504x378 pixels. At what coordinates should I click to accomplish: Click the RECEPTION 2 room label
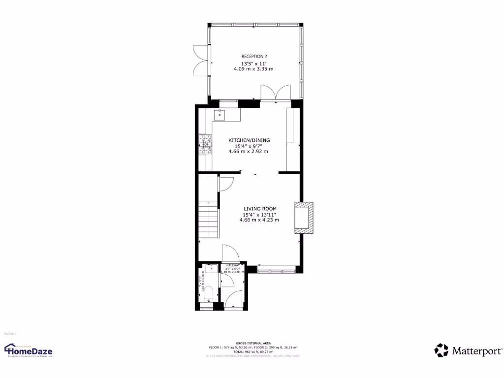point(254,57)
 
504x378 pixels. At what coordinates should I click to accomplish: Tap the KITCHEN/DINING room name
point(249,140)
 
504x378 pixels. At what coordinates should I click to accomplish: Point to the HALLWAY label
point(233,265)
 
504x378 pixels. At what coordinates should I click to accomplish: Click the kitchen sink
point(220,115)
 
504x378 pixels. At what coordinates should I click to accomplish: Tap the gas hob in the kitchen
point(205,145)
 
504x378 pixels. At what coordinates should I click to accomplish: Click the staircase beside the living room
point(208,219)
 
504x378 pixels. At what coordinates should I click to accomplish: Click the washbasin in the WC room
point(209,269)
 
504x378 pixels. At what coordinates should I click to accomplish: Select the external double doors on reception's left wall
point(200,61)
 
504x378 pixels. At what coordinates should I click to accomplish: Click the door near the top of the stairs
point(226,184)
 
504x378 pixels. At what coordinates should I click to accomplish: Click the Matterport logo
point(469,350)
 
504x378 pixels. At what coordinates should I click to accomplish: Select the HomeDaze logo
point(29,350)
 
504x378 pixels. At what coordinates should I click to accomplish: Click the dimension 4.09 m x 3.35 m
point(253,69)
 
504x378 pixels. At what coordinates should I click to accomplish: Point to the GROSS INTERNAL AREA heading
point(253,343)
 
